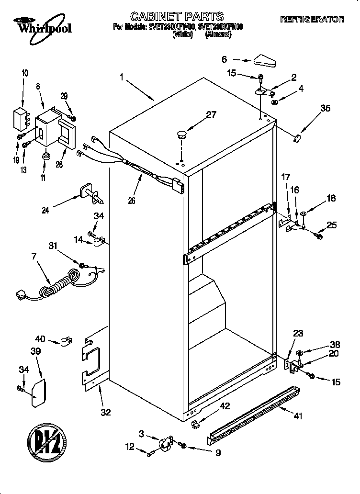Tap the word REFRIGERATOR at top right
[x=312, y=20]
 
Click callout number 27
[x=211, y=115]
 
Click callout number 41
[x=298, y=416]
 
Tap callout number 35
[x=325, y=109]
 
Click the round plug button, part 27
[x=181, y=135]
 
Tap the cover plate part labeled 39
[x=38, y=393]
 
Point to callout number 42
[x=225, y=406]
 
